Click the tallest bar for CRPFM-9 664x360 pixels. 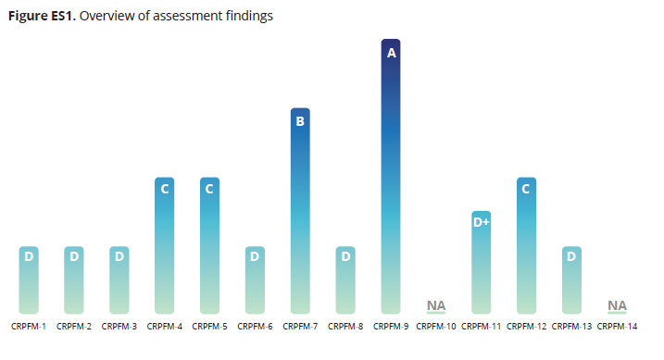391,176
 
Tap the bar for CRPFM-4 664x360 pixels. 164,245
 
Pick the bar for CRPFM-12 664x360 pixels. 526,245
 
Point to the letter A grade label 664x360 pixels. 391,54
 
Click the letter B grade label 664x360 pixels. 300,121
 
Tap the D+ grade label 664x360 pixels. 481,223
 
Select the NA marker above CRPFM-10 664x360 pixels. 435,305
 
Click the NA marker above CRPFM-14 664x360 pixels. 617,305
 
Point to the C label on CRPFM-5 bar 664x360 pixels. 209,190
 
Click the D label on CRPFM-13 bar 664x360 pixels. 571,256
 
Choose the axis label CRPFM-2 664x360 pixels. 74,327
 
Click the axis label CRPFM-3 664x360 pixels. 119,327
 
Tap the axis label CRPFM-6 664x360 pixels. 255,327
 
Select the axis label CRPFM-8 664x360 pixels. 345,327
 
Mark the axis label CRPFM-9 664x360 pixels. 391,327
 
